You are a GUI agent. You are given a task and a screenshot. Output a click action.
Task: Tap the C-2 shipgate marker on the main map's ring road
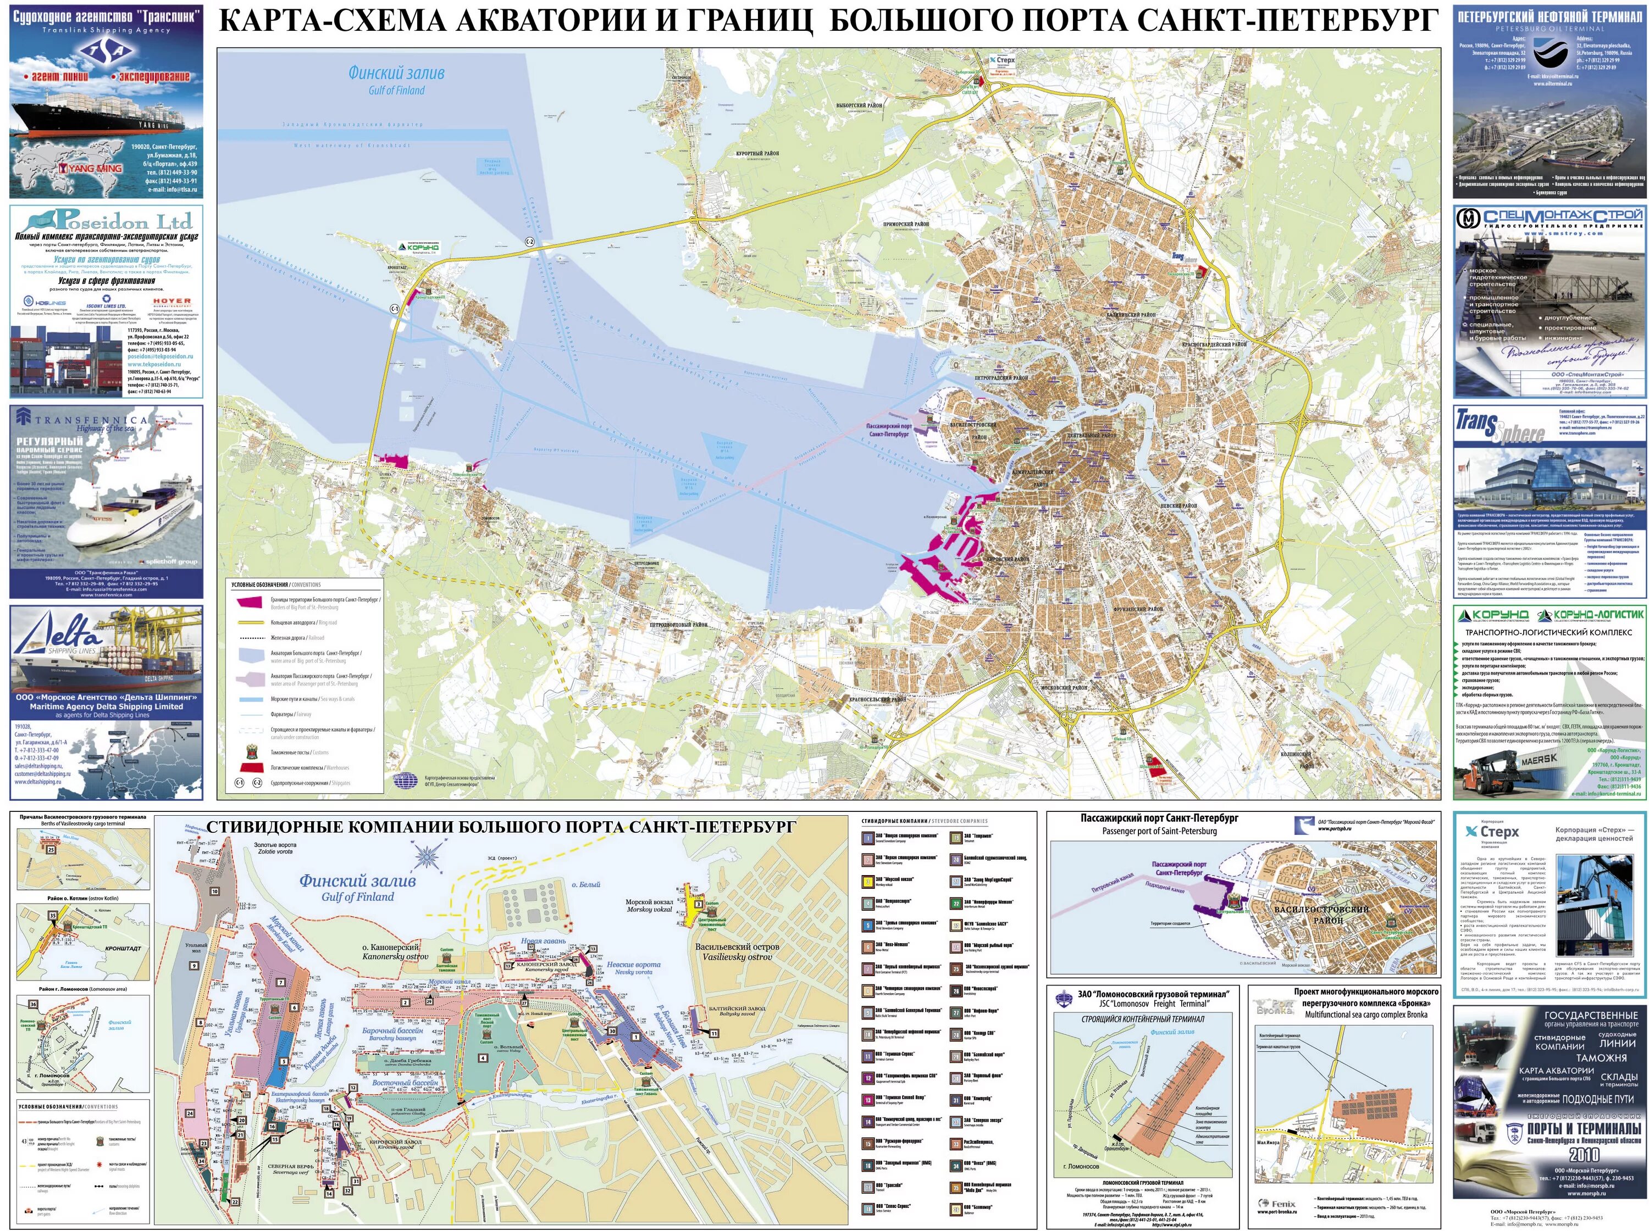[530, 242]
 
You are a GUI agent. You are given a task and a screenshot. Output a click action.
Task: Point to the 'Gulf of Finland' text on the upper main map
[397, 90]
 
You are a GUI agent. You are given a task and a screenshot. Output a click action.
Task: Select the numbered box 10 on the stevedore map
[215, 891]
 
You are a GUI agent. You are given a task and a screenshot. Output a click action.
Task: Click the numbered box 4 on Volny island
[483, 1057]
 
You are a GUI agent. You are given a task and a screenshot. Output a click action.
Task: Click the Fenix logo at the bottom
[1276, 1204]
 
